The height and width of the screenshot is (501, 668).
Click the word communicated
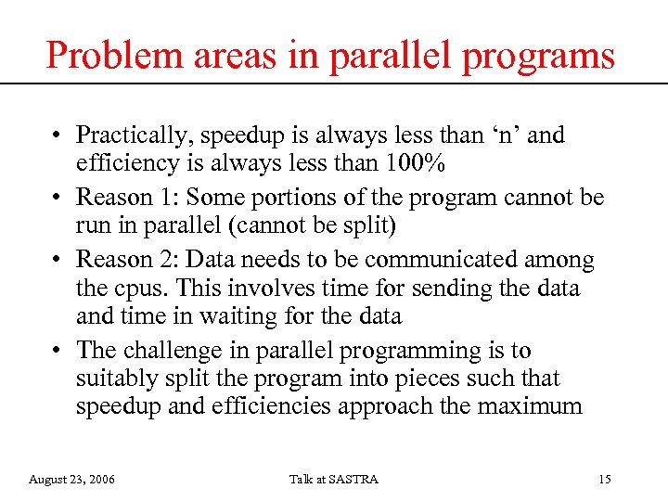(x=438, y=260)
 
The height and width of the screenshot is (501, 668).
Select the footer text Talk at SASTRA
(x=333, y=479)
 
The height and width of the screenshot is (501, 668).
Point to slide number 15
(x=605, y=479)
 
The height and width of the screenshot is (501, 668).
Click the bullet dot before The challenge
(x=58, y=351)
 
